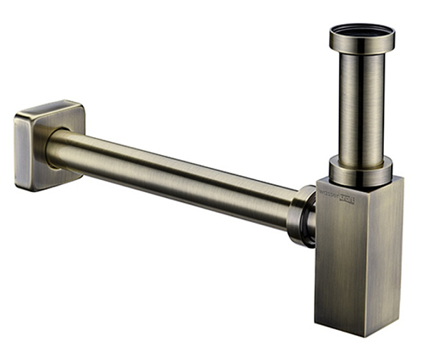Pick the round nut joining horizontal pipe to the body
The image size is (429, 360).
(300, 214)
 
